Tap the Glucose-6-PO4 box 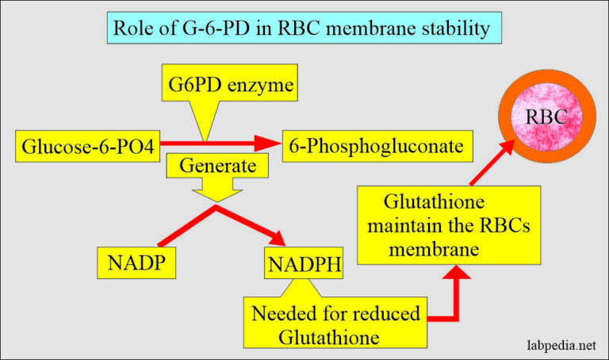coord(87,146)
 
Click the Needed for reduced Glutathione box coord(335,324)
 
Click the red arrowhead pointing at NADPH coord(278,239)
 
